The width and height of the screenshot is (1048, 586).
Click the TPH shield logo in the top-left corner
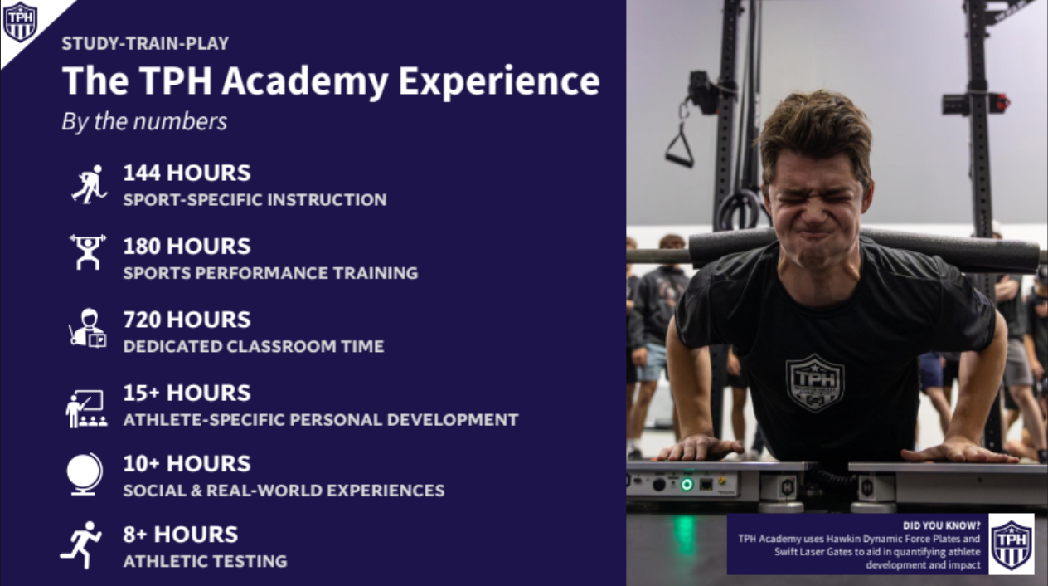(x=20, y=21)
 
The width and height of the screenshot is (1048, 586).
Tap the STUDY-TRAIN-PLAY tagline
(x=145, y=43)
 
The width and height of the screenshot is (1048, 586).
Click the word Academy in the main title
(x=305, y=81)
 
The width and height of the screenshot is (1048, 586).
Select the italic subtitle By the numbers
(x=144, y=121)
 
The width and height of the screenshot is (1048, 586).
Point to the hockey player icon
(x=89, y=184)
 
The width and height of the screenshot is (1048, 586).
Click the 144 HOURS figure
(x=187, y=173)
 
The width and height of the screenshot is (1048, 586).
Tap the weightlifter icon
(x=88, y=252)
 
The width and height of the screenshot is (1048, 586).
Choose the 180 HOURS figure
(x=187, y=246)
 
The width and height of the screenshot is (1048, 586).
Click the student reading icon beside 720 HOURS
(x=88, y=328)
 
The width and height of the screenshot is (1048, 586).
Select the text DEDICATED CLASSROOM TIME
(x=254, y=347)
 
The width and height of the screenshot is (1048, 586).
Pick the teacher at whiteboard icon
(x=86, y=408)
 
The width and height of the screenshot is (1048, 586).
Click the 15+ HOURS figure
(x=187, y=393)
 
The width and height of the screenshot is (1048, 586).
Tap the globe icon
(x=85, y=474)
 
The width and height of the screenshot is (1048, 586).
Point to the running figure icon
(x=81, y=545)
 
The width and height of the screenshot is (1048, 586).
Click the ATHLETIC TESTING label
(x=206, y=561)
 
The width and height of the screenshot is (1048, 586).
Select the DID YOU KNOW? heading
(x=941, y=525)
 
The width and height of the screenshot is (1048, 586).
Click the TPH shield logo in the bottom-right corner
(x=1012, y=544)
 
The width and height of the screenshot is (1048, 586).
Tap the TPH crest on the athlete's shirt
(x=814, y=383)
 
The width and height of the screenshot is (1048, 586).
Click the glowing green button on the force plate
(x=687, y=485)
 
